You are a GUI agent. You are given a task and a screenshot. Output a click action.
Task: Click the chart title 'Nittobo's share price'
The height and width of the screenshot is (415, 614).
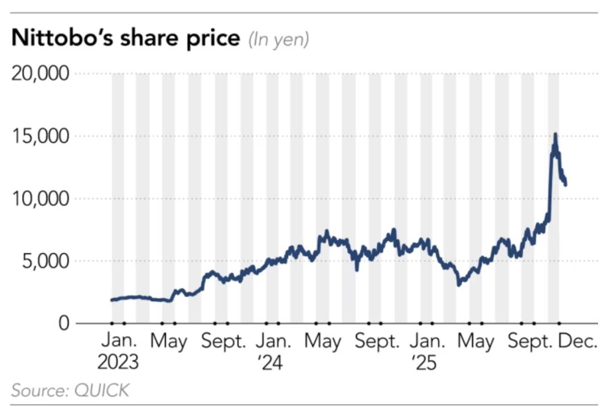pyautogui.click(x=126, y=39)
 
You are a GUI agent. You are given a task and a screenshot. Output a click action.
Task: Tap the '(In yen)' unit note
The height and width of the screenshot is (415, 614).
pyautogui.click(x=279, y=40)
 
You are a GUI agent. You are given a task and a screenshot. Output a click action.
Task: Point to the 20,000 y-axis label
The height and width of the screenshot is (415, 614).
pyautogui.click(x=40, y=74)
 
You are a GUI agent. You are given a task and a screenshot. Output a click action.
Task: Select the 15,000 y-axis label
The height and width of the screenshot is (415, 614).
pyautogui.click(x=40, y=137)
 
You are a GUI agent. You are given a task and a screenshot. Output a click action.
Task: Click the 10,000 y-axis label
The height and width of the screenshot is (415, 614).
pyautogui.click(x=40, y=199)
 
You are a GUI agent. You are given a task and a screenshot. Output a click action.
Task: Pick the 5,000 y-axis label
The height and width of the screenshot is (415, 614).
pyautogui.click(x=45, y=261)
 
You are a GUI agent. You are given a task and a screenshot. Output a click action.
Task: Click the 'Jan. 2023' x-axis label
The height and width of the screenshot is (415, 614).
pyautogui.click(x=118, y=352)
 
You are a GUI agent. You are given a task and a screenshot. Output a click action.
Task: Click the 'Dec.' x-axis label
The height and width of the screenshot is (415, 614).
pyautogui.click(x=578, y=342)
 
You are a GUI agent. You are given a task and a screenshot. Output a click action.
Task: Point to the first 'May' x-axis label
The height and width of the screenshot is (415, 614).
pyautogui.click(x=168, y=342)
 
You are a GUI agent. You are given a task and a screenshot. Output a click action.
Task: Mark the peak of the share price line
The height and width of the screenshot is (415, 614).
pyautogui.click(x=555, y=135)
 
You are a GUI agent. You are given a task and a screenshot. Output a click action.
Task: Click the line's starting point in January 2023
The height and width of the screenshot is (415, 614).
pyautogui.click(x=112, y=300)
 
